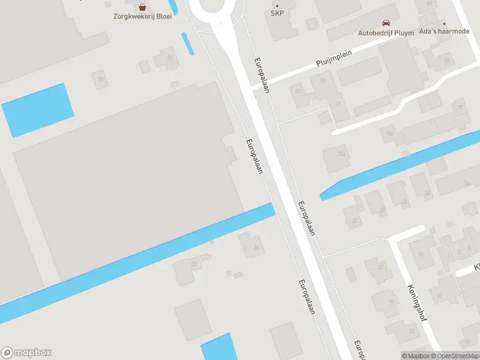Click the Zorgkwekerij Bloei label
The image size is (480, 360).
tap(143, 16)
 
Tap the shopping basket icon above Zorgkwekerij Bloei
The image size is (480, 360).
tap(143, 7)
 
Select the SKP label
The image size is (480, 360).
tap(277, 13)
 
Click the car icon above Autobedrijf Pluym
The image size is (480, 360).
tap(386, 23)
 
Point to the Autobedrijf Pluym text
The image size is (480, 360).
tap(386, 33)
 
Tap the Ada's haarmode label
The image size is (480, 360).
tap(445, 31)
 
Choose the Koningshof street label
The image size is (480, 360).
tap(416, 302)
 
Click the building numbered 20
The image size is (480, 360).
tap(101, 79)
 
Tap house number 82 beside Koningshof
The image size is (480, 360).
tap(421, 254)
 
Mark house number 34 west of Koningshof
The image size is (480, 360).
tap(391, 301)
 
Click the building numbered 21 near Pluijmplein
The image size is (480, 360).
tap(338, 104)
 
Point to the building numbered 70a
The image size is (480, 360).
tap(342, 154)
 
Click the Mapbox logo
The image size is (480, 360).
tap(26, 353)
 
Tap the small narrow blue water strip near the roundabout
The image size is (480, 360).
tap(188, 43)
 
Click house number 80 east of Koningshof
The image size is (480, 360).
tap(440, 295)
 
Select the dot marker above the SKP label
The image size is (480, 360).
tap(277, 5)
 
